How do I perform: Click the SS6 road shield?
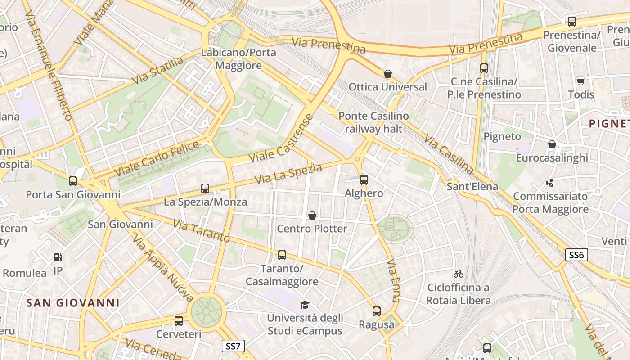[x=576, y=255]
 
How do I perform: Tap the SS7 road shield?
[x=234, y=346]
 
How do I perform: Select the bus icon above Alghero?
[x=364, y=180]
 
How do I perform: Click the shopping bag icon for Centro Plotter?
[x=312, y=216]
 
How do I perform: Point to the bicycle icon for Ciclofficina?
[x=459, y=274]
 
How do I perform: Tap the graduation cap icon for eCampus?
[x=305, y=305]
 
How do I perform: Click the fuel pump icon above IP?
[x=58, y=257]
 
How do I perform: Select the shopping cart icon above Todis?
[x=581, y=81]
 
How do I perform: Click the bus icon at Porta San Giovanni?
[x=73, y=181]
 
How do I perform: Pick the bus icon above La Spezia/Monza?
[x=205, y=189]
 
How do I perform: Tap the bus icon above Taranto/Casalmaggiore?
[x=282, y=255]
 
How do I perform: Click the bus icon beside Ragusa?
[x=377, y=311]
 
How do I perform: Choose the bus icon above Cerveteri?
[x=179, y=321]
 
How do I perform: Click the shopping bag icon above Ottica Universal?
[x=388, y=74]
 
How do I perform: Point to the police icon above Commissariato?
[x=550, y=183]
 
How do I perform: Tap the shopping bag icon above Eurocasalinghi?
[x=552, y=144]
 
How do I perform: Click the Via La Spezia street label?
[x=288, y=174]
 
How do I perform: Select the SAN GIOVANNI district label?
[x=73, y=303]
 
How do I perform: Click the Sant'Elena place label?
[x=472, y=186]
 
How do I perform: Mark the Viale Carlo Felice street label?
[x=157, y=159]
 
